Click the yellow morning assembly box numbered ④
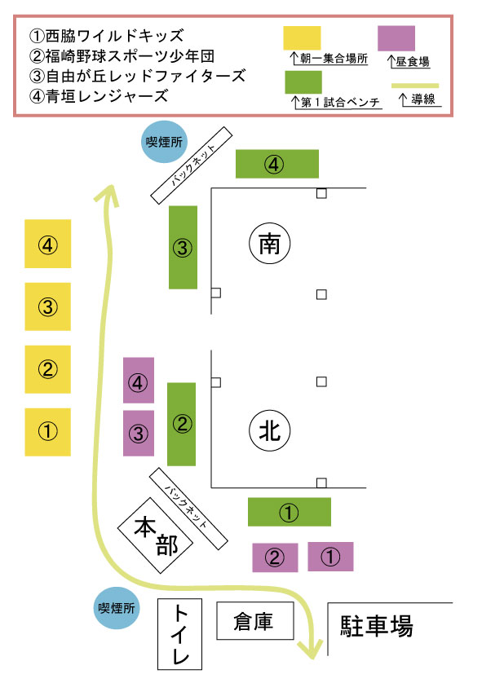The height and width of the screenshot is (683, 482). (x=48, y=244)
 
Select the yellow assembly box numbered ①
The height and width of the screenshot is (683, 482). (x=48, y=432)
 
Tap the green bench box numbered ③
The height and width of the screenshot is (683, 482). (x=183, y=248)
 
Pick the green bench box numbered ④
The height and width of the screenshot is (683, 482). (x=277, y=164)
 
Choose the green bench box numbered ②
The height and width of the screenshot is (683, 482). (x=181, y=425)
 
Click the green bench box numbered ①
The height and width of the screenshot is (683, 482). (x=290, y=512)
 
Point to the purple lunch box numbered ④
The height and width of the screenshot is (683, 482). (x=139, y=381)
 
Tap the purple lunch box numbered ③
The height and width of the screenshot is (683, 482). (x=139, y=434)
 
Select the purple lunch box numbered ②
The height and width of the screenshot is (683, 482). (x=275, y=557)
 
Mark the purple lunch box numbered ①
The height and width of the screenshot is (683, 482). (x=331, y=557)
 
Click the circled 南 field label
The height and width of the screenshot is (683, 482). (x=270, y=244)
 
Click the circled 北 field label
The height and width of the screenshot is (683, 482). (x=270, y=431)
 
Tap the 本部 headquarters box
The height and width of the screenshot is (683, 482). (x=155, y=535)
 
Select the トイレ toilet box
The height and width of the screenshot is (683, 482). (x=180, y=634)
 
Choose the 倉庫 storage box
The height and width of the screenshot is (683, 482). (x=255, y=621)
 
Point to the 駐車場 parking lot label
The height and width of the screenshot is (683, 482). (x=377, y=625)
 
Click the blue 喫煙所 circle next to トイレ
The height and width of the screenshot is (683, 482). (x=117, y=608)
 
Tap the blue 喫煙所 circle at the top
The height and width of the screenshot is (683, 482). (x=164, y=142)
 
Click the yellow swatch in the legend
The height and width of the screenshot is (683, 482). (x=302, y=37)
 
